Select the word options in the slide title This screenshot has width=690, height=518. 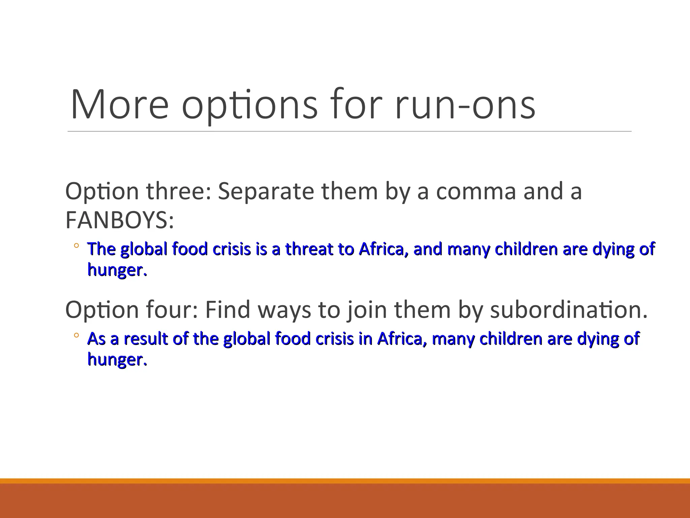(250, 105)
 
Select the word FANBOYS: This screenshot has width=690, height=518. (120, 220)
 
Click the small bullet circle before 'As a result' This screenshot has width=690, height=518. (76, 336)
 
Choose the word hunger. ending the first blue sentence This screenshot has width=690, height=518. (117, 270)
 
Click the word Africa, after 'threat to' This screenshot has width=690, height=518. (382, 249)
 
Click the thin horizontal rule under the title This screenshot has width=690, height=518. (349, 131)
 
